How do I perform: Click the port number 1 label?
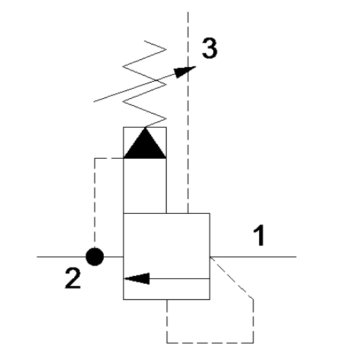(x=259, y=235)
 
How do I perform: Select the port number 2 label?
(x=73, y=278)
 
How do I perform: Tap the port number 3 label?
(x=210, y=48)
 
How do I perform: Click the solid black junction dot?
(x=95, y=257)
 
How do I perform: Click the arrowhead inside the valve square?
(x=137, y=279)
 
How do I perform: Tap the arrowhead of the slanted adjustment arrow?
(x=185, y=72)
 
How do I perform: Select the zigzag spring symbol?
(x=145, y=84)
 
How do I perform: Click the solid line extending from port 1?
(x=253, y=257)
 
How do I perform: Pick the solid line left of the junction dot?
(x=61, y=257)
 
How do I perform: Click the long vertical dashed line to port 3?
(x=188, y=112)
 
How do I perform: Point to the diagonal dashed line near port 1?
(x=232, y=278)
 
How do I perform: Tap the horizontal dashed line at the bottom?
(x=210, y=343)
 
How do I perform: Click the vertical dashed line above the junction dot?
(x=95, y=203)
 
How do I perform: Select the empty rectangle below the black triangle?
(x=145, y=186)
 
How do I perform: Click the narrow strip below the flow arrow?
(x=167, y=289)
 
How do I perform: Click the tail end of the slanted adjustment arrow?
(x=94, y=102)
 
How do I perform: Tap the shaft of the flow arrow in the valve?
(x=179, y=279)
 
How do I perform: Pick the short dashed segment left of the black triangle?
(x=109, y=158)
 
